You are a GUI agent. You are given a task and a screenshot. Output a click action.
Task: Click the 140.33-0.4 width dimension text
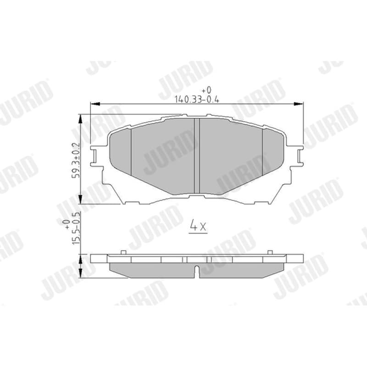tap(197, 100)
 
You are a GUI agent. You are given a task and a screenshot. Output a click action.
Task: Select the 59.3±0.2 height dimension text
tap(76, 160)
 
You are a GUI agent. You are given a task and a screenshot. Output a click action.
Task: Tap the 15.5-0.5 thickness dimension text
tap(76, 228)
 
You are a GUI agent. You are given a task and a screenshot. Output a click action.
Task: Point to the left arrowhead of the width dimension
tap(95, 104)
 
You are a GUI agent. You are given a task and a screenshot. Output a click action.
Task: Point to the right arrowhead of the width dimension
tap(299, 104)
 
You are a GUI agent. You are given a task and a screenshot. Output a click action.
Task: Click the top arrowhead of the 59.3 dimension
tap(81, 119)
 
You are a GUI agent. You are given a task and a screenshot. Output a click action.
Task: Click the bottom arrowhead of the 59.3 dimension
tap(81, 199)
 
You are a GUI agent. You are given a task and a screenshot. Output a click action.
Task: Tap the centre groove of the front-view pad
tap(197, 156)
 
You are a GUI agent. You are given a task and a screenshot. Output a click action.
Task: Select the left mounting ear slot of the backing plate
tap(95, 156)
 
